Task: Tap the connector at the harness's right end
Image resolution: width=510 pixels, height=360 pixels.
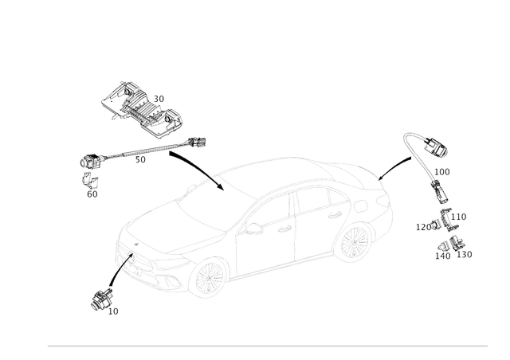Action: [x=196, y=143]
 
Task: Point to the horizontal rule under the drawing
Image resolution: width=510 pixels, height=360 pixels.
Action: [x=268, y=346]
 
